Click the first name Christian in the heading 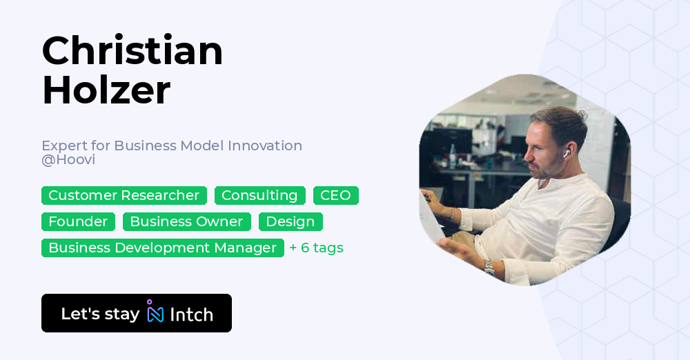pyautogui.click(x=132, y=51)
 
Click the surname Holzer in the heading pyautogui.click(x=106, y=90)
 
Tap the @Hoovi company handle pyautogui.click(x=68, y=160)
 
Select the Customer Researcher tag pyautogui.click(x=124, y=196)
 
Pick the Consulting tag pyautogui.click(x=259, y=196)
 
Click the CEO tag pyautogui.click(x=335, y=196)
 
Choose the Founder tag pyautogui.click(x=78, y=222)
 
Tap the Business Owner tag pyautogui.click(x=186, y=222)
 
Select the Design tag pyautogui.click(x=290, y=222)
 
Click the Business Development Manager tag pyautogui.click(x=162, y=248)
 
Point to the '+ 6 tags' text pyautogui.click(x=316, y=248)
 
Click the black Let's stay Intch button pyautogui.click(x=136, y=313)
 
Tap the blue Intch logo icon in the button pyautogui.click(x=155, y=313)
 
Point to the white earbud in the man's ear pyautogui.click(x=566, y=153)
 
